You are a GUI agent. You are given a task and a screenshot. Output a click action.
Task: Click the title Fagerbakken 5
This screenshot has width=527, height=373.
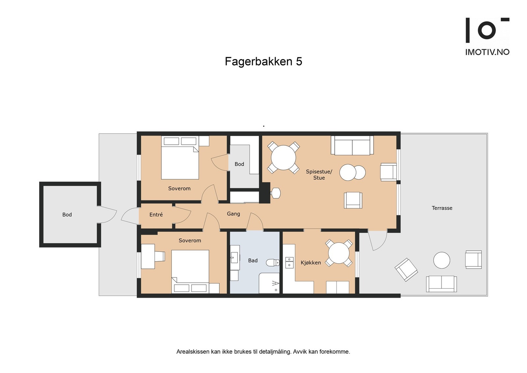click(x=263, y=62)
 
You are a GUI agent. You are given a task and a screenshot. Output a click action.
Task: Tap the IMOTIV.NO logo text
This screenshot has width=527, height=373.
click(x=487, y=52)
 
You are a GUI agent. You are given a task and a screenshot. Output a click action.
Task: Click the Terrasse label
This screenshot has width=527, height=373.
click(x=442, y=208)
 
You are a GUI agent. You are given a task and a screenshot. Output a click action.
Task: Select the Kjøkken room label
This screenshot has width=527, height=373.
click(x=311, y=263)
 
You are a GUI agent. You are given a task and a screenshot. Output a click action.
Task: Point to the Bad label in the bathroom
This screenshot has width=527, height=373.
click(x=253, y=260)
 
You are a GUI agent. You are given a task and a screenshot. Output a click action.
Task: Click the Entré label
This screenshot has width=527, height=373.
click(x=156, y=215)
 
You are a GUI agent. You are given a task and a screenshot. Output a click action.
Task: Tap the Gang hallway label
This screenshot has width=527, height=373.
click(x=233, y=214)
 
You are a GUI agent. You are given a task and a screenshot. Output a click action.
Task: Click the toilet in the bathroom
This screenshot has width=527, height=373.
click(x=272, y=263)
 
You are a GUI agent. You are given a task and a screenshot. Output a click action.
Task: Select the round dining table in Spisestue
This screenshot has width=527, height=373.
click(x=283, y=158)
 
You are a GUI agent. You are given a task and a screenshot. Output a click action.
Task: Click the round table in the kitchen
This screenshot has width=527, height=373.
click(x=339, y=253)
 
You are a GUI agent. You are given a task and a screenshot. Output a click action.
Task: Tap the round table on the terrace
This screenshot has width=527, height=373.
click(x=441, y=260)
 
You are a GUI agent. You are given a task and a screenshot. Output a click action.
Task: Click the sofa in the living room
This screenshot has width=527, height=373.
click(x=352, y=146)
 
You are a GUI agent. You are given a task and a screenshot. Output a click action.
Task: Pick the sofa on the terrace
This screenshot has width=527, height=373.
click(x=441, y=284)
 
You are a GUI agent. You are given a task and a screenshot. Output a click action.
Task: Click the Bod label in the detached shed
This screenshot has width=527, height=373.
click(x=67, y=215)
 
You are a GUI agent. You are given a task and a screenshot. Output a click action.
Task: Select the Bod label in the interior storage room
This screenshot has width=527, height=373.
click(x=239, y=164)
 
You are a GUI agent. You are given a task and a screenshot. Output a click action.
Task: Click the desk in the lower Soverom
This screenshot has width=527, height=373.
click(x=148, y=256)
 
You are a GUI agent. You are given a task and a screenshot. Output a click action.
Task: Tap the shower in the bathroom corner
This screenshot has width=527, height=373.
click(x=269, y=283)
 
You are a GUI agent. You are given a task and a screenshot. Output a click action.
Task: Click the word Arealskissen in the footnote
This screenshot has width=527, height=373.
click(x=191, y=352)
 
